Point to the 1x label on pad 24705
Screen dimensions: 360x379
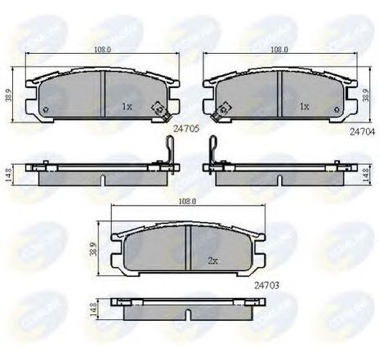pyautogui.click(x=127, y=107)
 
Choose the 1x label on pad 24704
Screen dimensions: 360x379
pyautogui.click(x=303, y=107)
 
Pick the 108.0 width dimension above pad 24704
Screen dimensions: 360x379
pyautogui.click(x=279, y=50)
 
